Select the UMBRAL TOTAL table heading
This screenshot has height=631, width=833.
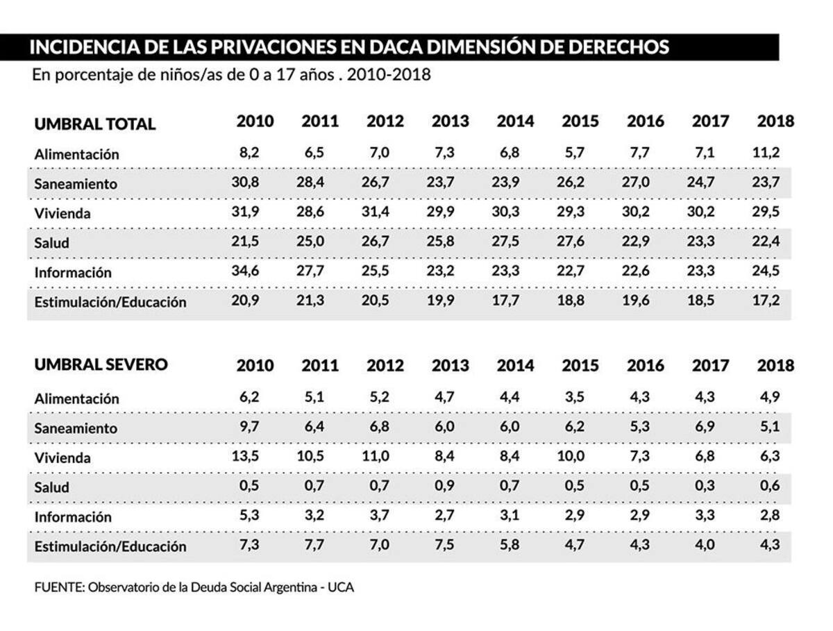(95, 124)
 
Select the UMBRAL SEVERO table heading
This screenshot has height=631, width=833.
(101, 365)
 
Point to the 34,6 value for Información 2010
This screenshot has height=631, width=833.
(246, 272)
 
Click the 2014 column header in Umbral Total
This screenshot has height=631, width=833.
(515, 121)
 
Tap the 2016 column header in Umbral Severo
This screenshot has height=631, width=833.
(645, 366)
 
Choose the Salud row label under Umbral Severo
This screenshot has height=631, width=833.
(52, 487)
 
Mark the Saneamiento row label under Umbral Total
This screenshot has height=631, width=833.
(76, 184)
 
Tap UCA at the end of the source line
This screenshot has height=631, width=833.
(341, 587)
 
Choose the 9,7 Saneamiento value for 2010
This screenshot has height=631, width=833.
(249, 427)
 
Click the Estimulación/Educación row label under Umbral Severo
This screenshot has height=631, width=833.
(110, 546)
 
